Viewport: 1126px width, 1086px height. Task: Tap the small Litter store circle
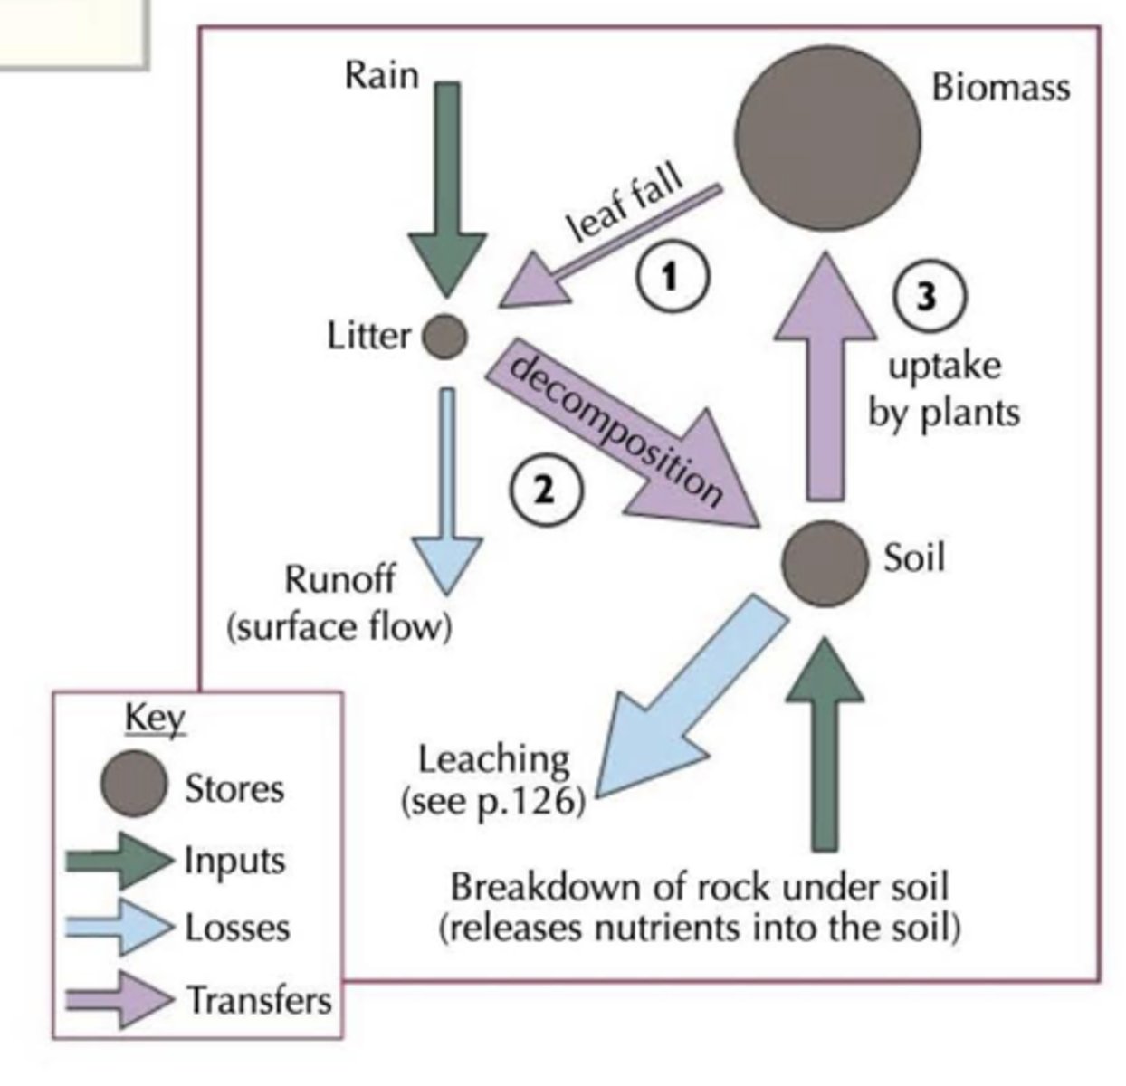click(444, 337)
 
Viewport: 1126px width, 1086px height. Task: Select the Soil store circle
click(825, 564)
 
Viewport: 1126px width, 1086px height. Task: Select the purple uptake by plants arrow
click(825, 380)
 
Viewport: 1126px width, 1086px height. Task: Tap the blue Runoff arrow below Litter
click(447, 489)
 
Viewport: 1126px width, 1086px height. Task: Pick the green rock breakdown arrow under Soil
click(825, 742)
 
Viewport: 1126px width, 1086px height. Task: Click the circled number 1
click(670, 276)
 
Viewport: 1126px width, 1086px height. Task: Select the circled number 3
click(928, 297)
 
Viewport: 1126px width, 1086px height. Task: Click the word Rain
click(381, 74)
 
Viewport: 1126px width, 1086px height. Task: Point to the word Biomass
click(1000, 88)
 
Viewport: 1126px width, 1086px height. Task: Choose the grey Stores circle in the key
click(133, 785)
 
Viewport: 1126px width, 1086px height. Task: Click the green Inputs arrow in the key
click(118, 860)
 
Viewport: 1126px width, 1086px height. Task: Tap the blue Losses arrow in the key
click(118, 928)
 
